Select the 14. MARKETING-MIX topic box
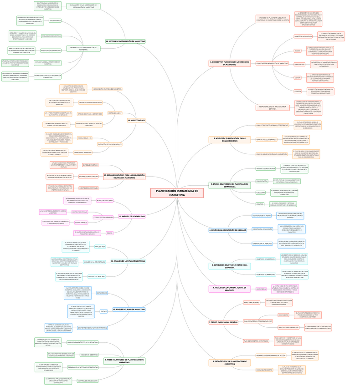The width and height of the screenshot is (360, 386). click(x=136, y=120)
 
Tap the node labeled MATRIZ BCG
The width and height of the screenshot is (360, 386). click(x=261, y=289)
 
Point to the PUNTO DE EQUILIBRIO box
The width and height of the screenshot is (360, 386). click(x=104, y=201)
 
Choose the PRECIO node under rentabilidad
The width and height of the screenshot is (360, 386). click(x=110, y=233)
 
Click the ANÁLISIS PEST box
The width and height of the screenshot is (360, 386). click(x=100, y=246)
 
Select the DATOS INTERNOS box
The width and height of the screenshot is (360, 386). click(x=55, y=20)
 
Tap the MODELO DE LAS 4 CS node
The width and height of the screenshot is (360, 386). click(x=85, y=137)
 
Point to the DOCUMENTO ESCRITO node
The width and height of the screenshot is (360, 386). click(x=264, y=370)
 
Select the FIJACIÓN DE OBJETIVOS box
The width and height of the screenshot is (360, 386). click(x=89, y=355)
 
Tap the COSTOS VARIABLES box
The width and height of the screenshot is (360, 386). click(x=81, y=223)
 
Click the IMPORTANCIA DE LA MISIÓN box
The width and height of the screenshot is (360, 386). click(x=262, y=229)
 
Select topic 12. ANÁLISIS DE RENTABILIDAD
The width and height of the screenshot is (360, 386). click(x=132, y=216)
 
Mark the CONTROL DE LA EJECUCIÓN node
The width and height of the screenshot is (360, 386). click(x=87, y=381)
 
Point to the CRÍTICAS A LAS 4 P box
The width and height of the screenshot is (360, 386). click(x=115, y=112)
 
